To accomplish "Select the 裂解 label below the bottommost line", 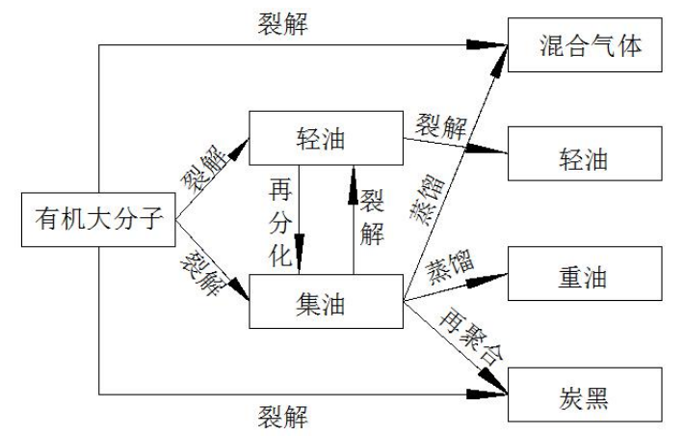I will click(283, 417).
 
